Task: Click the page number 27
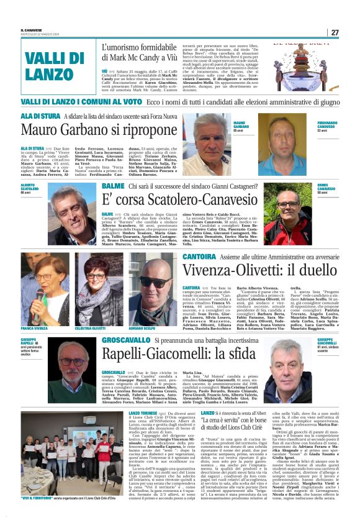(x=335, y=32)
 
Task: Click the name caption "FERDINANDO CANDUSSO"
(x=335, y=125)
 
